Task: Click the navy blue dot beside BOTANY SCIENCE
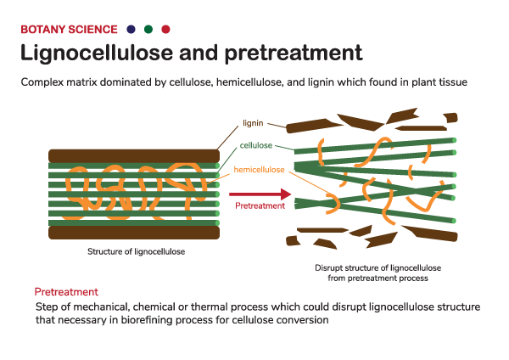click(131, 28)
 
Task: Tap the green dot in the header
click(148, 28)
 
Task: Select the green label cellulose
click(256, 146)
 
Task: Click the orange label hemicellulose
click(258, 171)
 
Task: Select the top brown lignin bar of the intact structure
click(134, 155)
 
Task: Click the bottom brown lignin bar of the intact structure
click(134, 232)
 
